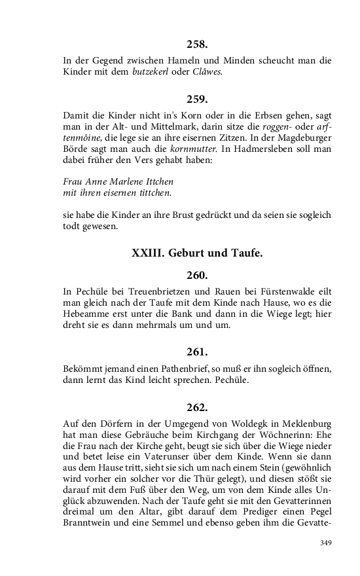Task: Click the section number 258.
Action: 197,45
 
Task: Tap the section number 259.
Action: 197,99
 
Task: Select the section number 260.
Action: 197,275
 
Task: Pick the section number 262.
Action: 197,408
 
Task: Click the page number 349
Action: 327,543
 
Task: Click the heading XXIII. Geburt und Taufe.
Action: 197,253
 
